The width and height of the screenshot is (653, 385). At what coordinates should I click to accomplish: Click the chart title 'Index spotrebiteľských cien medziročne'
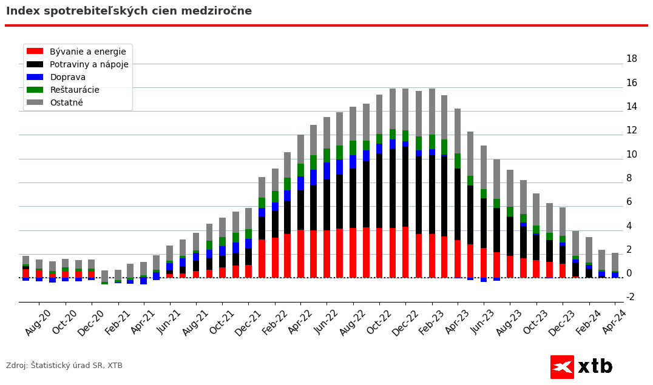pos(129,12)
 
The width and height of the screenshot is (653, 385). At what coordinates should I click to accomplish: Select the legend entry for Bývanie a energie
pos(87,52)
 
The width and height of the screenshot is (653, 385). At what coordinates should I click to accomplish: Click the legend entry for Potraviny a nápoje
pos(89,65)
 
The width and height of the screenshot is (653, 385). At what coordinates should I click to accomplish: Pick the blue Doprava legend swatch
pos(35,78)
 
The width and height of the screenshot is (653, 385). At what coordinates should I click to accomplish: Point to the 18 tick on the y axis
pos(631,59)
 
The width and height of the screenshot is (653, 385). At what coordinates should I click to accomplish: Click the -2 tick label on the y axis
pos(630,297)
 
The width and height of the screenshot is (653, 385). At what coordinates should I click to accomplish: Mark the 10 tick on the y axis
pos(631,155)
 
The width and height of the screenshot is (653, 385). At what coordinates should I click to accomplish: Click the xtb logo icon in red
pos(562,367)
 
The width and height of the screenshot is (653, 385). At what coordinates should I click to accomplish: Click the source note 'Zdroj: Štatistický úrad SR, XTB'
pos(64,366)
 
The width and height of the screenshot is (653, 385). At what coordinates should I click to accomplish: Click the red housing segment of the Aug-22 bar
pos(353,253)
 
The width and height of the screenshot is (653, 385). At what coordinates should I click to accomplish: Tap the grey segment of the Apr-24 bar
pos(615,262)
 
